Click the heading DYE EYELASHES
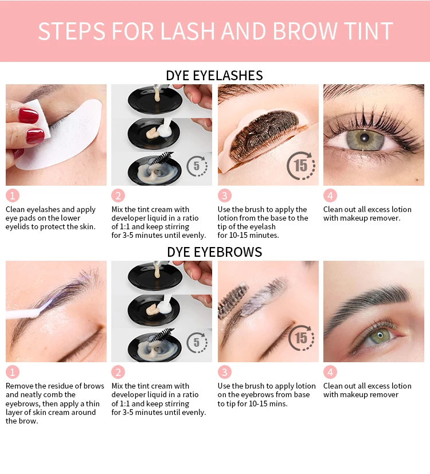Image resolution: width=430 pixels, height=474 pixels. coord(214,76)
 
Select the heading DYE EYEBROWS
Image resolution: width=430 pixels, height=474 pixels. coord(214,252)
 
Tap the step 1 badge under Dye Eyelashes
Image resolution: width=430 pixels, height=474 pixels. coord(13,195)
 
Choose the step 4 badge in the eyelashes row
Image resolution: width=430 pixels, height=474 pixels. coord(330,195)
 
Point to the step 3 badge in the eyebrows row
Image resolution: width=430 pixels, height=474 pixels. coord(225,372)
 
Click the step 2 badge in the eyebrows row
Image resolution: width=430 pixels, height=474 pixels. coord(118,372)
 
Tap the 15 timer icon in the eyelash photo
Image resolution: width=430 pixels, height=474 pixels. coord(301,166)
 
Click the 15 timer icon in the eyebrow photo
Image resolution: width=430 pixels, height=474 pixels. coord(301,338)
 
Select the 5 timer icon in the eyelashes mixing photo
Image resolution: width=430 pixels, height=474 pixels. coord(197,166)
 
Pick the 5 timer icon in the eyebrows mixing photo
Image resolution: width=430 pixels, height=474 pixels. coord(197,343)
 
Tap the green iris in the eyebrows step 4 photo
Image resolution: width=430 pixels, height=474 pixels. coord(378,336)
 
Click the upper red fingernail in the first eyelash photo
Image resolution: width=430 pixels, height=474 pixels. coord(28,116)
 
